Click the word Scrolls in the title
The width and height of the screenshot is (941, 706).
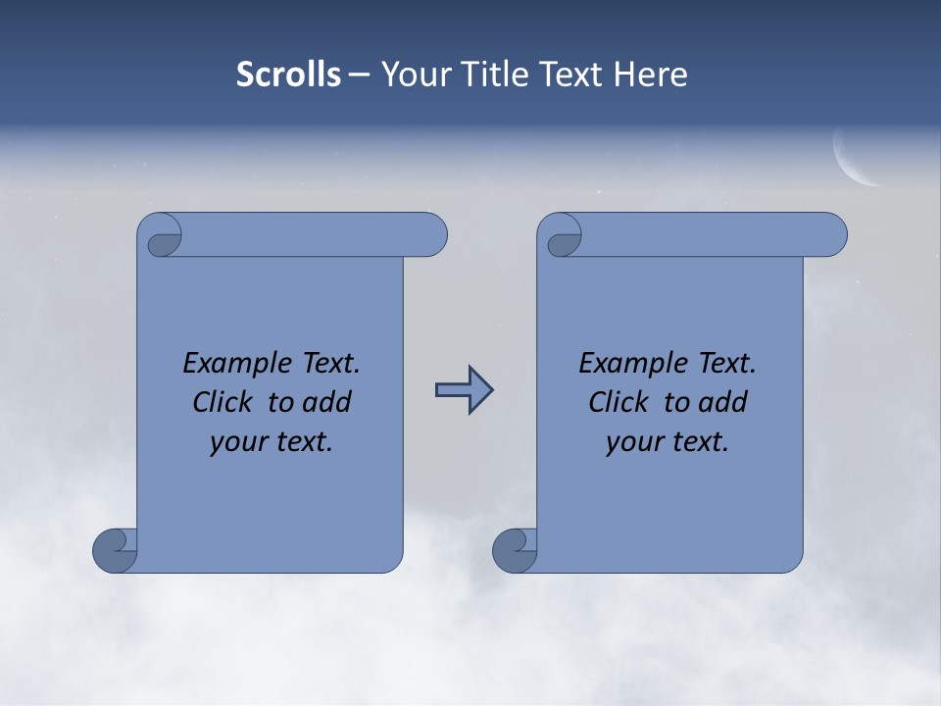click(x=288, y=75)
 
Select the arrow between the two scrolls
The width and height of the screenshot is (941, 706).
click(x=464, y=390)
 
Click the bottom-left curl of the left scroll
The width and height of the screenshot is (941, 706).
click(x=116, y=550)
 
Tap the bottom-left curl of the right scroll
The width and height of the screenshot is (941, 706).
click(x=515, y=550)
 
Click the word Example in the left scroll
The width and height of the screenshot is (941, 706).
click(x=234, y=364)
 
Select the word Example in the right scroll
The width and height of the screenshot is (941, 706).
click(x=630, y=364)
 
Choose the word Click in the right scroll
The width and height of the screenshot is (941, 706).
click(x=619, y=402)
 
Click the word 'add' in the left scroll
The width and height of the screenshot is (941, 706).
click(x=326, y=402)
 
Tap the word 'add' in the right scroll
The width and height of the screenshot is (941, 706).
click(x=722, y=402)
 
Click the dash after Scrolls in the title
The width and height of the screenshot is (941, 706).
click(x=359, y=75)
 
